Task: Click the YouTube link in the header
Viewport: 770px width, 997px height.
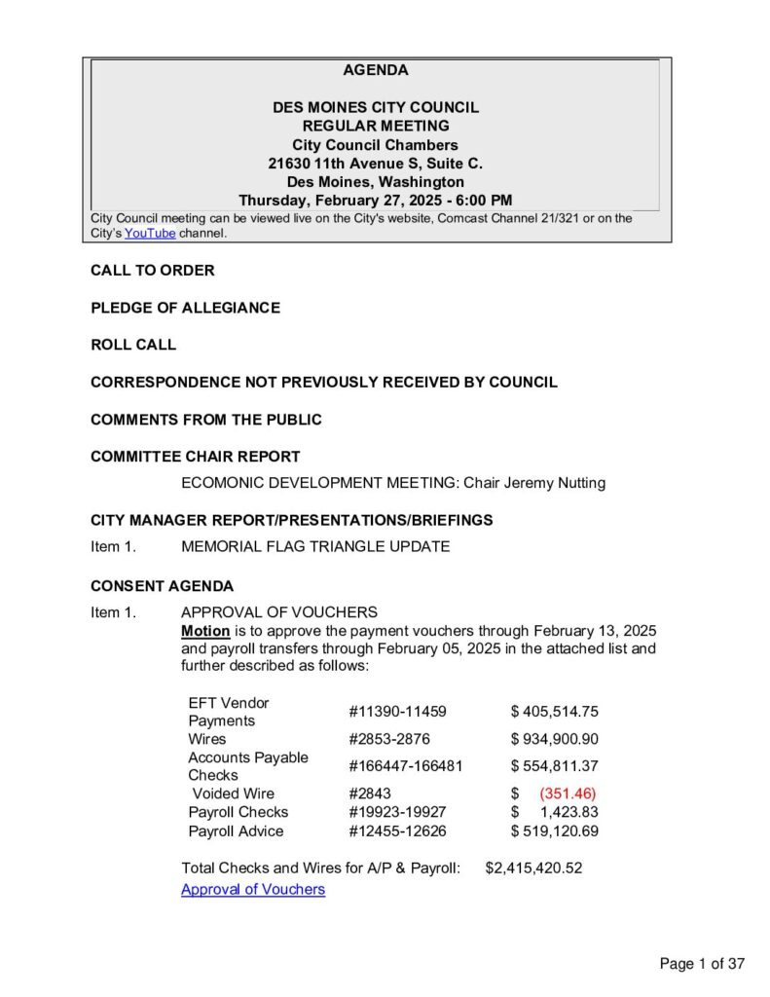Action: (x=150, y=234)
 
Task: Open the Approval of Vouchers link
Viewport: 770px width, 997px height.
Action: (x=253, y=889)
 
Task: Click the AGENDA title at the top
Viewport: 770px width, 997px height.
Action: (x=376, y=70)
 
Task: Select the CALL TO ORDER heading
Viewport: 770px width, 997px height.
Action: (x=153, y=271)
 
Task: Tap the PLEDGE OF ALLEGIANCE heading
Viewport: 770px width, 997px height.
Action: (x=185, y=308)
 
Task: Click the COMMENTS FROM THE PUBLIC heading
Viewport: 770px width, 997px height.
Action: (x=206, y=420)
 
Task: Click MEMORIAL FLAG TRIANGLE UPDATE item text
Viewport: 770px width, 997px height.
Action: (x=315, y=546)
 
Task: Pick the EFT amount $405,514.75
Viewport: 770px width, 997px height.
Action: (x=555, y=712)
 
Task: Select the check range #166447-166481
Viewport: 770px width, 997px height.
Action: (x=406, y=766)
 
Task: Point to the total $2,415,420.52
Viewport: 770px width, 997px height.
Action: (x=533, y=868)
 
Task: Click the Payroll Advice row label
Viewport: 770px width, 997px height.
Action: (x=236, y=831)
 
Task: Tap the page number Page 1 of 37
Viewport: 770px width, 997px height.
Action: (x=702, y=964)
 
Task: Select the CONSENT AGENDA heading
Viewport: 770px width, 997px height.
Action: (x=162, y=586)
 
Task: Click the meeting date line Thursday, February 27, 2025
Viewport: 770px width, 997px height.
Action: (x=376, y=201)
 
